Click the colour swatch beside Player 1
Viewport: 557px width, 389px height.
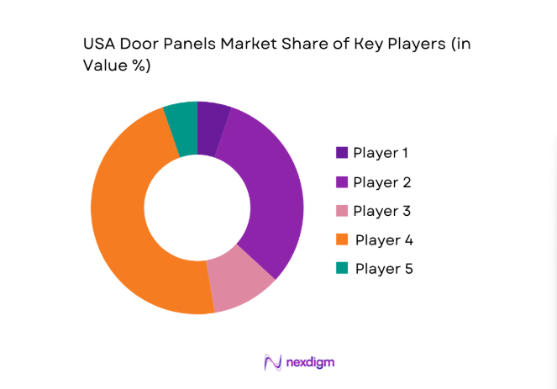pyautogui.click(x=341, y=153)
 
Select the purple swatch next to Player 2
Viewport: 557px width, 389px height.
pyautogui.click(x=341, y=181)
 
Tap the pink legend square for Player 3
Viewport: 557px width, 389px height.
pyautogui.click(x=341, y=211)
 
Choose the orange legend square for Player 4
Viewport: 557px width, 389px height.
pyautogui.click(x=341, y=239)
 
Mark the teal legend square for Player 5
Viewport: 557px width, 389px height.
pyautogui.click(x=341, y=269)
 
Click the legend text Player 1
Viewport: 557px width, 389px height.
pyautogui.click(x=381, y=153)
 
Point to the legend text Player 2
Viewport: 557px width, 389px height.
pyautogui.click(x=381, y=181)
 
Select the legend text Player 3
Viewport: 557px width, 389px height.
pyautogui.click(x=381, y=211)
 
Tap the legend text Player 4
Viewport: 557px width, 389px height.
pyautogui.click(x=384, y=239)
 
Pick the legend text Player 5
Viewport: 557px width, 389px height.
pyautogui.click(x=384, y=269)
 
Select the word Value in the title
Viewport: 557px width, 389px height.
pyautogui.click(x=103, y=67)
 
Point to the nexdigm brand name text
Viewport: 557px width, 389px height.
pyautogui.click(x=310, y=363)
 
